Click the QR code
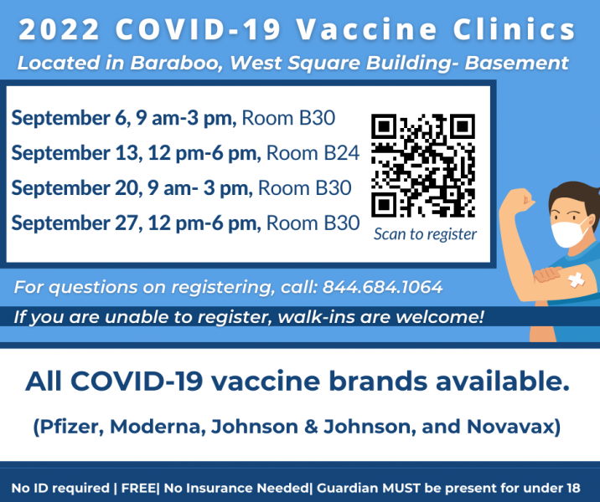[423, 166]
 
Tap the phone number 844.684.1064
[383, 287]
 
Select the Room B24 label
[313, 153]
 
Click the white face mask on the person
[569, 230]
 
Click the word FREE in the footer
[138, 488]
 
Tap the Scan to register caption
[425, 234]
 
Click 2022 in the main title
[59, 29]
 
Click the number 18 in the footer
[573, 488]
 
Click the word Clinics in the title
[515, 29]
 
